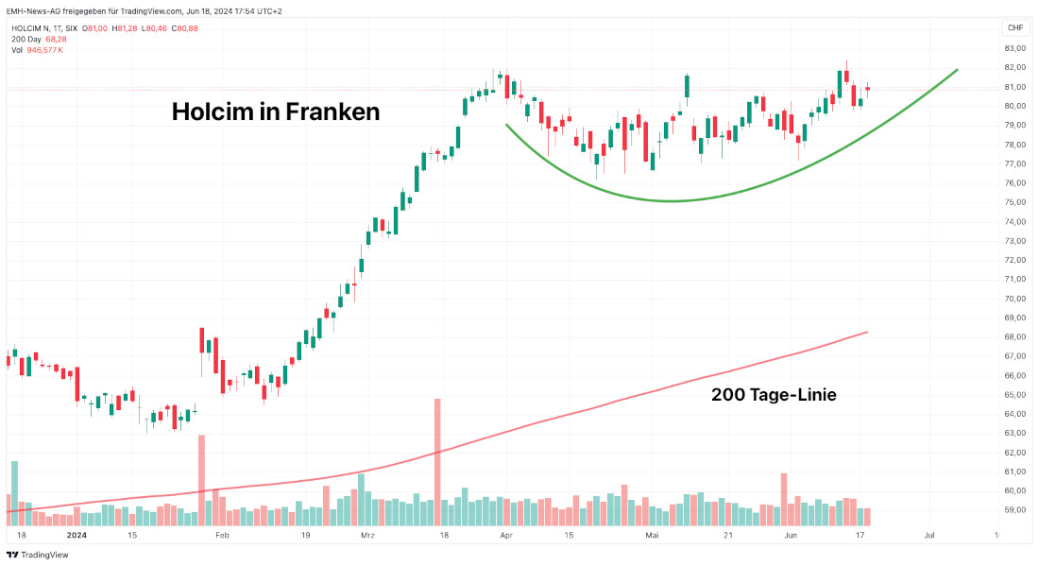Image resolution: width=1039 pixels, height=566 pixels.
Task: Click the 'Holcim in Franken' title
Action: pos(275,112)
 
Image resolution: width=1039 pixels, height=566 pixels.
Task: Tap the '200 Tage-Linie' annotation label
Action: pos(774,395)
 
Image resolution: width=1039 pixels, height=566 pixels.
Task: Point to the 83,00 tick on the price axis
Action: pos(1015,48)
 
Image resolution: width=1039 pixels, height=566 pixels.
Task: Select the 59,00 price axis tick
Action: pos(1015,510)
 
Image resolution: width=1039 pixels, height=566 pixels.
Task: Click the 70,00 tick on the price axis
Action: pos(1015,299)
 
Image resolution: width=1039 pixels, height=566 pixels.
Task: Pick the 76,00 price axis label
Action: pos(1015,183)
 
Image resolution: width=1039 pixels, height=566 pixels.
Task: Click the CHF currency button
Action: pos(1015,27)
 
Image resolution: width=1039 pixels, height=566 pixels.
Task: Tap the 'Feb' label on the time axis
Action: pos(222,535)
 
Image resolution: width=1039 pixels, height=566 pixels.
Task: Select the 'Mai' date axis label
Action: pos(651,535)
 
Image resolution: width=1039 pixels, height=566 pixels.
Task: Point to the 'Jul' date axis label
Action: pos(929,535)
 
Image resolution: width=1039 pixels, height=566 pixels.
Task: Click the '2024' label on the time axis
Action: pos(77,535)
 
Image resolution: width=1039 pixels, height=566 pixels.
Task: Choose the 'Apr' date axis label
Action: pos(506,535)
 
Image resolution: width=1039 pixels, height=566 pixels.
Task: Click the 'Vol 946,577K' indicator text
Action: pos(37,50)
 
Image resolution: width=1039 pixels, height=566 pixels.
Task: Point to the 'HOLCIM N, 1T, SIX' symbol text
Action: pos(44,28)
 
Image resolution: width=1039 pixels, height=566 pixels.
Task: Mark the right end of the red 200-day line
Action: pos(867,332)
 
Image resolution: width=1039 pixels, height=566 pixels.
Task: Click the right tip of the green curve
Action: pos(958,69)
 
